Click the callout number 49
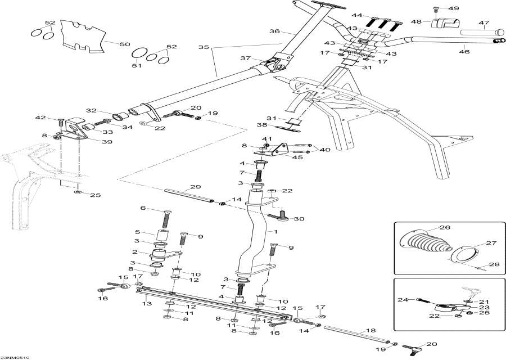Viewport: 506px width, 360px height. click(x=454, y=9)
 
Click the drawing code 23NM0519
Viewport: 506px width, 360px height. click(x=16, y=357)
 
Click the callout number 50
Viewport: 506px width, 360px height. click(x=125, y=43)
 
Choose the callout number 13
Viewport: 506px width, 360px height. click(x=147, y=304)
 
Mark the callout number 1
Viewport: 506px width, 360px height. click(x=276, y=232)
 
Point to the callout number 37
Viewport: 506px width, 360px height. click(x=245, y=58)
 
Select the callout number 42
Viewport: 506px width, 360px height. click(x=39, y=118)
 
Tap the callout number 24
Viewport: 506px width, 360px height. click(x=403, y=299)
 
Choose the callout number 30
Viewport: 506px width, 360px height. click(x=299, y=219)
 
